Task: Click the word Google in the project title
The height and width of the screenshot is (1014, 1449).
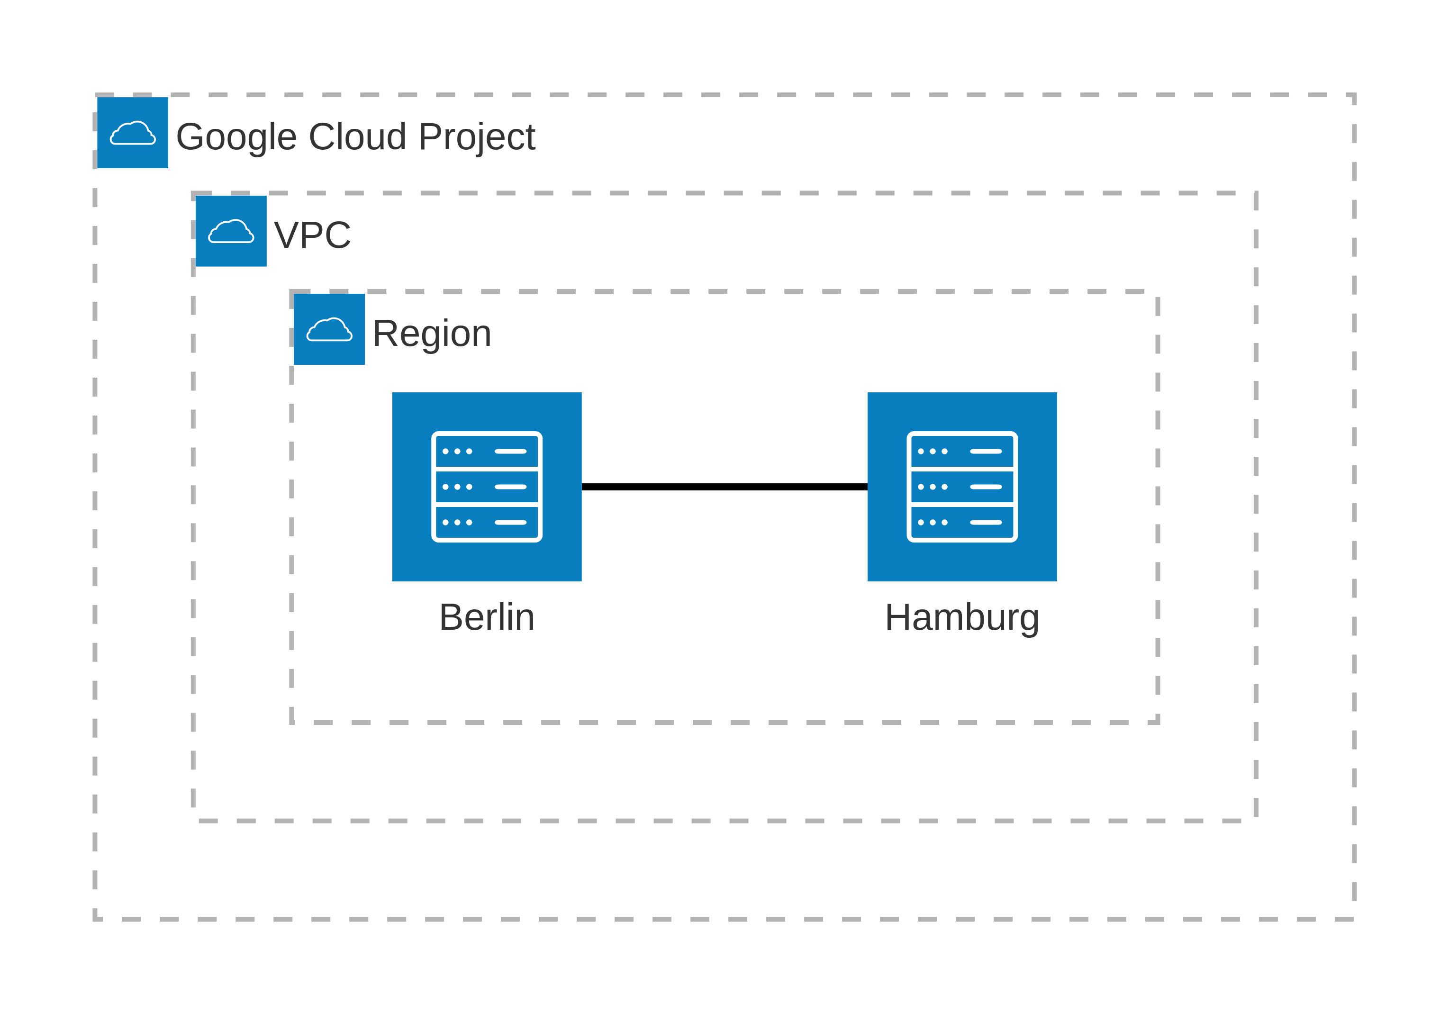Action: [x=236, y=137]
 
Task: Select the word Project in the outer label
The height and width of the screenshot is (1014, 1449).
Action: [x=477, y=137]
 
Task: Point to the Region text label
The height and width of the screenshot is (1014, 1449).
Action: [x=432, y=333]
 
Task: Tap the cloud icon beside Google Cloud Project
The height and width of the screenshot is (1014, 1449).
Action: [x=133, y=133]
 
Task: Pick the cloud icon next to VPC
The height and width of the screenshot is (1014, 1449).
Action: [x=231, y=231]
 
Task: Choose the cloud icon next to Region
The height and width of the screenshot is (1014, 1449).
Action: [x=329, y=329]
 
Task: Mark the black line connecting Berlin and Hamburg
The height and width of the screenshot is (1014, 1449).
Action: [x=724, y=487]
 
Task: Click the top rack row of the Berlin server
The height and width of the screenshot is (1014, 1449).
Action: [x=487, y=451]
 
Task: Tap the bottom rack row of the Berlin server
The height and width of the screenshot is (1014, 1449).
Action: [x=487, y=523]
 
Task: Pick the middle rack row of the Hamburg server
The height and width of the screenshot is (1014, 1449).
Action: [x=962, y=487]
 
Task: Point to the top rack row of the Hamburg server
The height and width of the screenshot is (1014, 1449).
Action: [x=962, y=451]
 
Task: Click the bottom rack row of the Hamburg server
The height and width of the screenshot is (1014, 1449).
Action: [x=962, y=523]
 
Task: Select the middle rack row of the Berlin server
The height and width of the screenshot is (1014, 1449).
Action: [x=487, y=487]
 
